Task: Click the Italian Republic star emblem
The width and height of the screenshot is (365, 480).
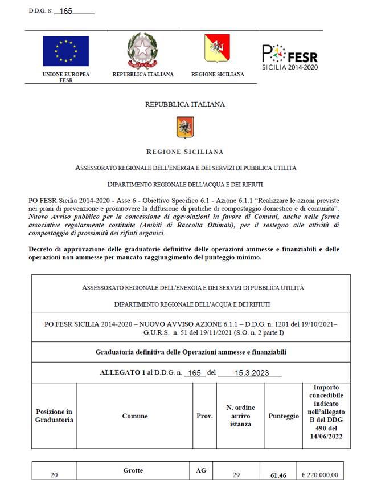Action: click(141, 50)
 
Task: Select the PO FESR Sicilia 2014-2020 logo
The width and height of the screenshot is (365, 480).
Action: click(289, 57)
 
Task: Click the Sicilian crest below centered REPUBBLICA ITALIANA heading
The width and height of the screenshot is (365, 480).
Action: click(184, 127)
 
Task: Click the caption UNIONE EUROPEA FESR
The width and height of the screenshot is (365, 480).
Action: click(65, 77)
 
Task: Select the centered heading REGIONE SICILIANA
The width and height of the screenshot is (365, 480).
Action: click(184, 152)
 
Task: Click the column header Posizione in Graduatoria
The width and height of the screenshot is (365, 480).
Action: click(54, 416)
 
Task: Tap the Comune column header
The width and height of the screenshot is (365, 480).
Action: click(135, 416)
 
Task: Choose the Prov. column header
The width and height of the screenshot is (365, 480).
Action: click(204, 416)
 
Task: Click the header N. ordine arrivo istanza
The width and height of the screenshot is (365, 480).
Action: click(240, 416)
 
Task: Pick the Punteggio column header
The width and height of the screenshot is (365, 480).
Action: click(284, 416)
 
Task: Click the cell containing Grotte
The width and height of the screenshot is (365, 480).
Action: click(133, 470)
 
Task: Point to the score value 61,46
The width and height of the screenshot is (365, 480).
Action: click(278, 474)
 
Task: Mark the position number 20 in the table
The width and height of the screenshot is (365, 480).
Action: click(54, 474)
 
